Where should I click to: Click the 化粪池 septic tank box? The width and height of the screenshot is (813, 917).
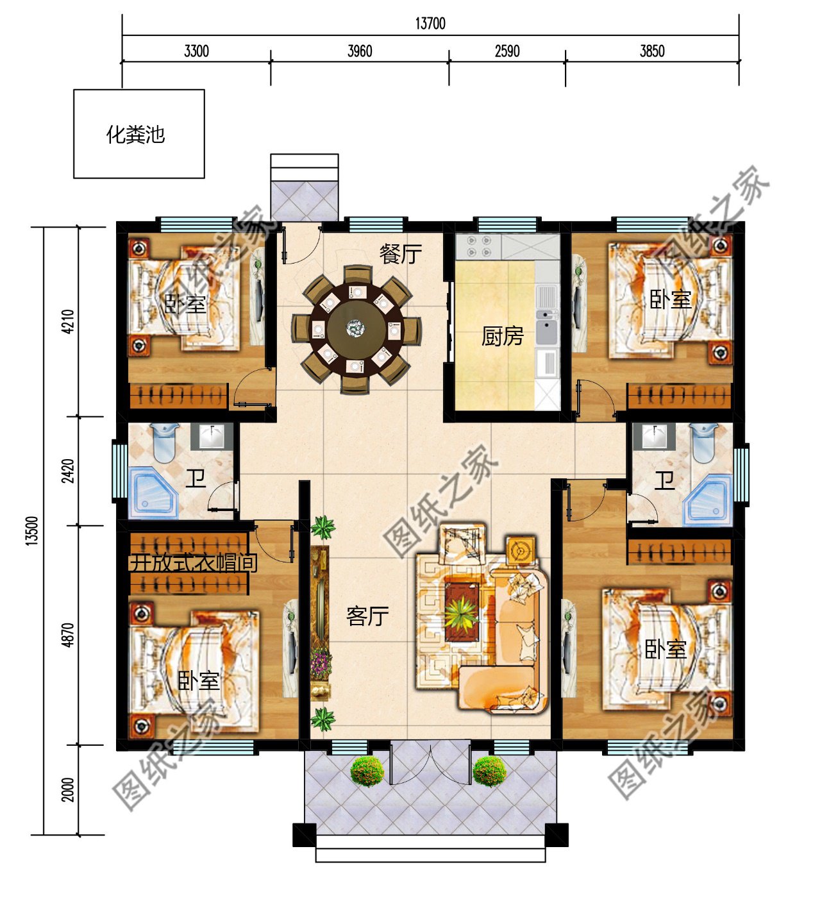(x=138, y=133)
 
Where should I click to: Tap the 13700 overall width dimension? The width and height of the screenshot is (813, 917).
(x=430, y=24)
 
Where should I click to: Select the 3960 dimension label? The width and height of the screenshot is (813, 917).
(x=359, y=51)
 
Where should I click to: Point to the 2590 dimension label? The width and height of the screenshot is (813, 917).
(x=507, y=51)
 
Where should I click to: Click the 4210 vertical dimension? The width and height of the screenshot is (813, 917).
(x=68, y=321)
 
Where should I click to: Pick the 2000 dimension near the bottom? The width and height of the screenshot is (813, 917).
(x=68, y=789)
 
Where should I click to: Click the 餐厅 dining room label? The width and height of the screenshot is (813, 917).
(x=400, y=254)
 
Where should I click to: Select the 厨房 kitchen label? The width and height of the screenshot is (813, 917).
(x=502, y=336)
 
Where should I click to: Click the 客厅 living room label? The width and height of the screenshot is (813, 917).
(x=367, y=616)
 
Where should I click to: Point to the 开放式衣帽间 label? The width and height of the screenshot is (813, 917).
(x=193, y=563)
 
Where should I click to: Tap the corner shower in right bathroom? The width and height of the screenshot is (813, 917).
(x=708, y=498)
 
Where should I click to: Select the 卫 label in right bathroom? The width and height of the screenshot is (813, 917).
(x=664, y=480)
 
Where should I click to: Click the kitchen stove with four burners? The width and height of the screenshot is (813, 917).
(x=478, y=246)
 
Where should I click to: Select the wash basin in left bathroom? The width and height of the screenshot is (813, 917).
(x=212, y=436)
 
